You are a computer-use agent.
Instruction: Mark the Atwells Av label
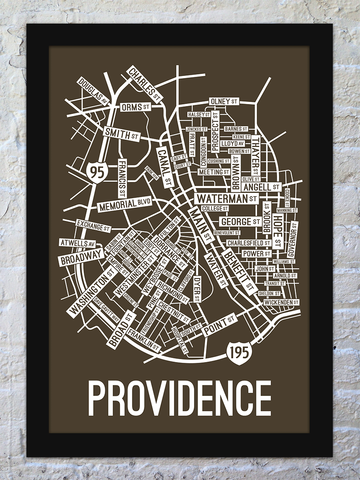pyautogui.click(x=78, y=243)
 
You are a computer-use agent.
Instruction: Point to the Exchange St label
pyautogui.click(x=93, y=226)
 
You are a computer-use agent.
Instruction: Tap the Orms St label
pyautogui.click(x=136, y=107)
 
